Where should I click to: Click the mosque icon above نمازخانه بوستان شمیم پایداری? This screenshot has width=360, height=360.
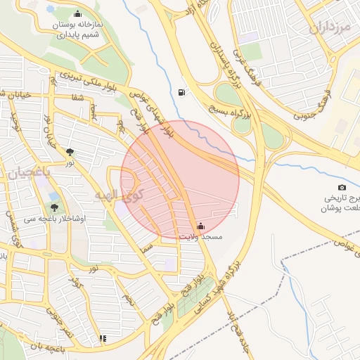point(77,13)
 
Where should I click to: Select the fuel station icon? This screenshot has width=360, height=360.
point(183,92)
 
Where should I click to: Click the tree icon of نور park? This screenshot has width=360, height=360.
point(70,151)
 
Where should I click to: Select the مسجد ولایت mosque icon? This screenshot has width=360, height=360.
point(201,226)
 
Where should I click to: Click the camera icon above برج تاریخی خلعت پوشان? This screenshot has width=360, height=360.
point(342,187)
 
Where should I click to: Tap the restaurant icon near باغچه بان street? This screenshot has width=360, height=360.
point(103,338)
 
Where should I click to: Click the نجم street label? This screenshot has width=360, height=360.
point(129,300)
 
